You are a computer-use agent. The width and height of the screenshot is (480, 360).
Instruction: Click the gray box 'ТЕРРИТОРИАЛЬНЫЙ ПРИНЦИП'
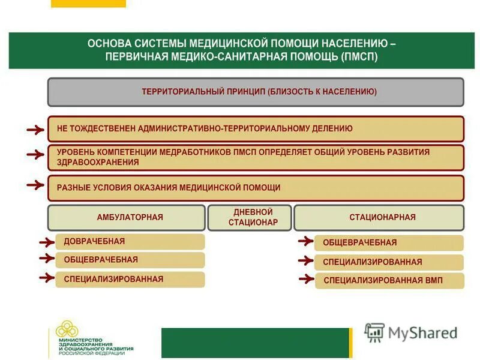[x=256, y=92]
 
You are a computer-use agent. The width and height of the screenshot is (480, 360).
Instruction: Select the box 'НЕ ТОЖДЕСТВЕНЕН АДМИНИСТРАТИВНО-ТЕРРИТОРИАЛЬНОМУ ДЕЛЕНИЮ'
[x=256, y=128]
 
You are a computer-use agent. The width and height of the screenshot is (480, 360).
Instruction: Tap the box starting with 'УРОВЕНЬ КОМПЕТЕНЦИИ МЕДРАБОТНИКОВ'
[x=256, y=157]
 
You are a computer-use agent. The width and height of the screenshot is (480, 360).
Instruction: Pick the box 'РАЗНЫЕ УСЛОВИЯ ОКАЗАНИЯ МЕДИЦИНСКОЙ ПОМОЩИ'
[x=256, y=188]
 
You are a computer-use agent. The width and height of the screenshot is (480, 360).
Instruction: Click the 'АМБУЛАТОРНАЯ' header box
[x=126, y=217]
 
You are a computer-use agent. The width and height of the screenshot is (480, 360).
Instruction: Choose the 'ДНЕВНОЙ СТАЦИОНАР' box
[x=250, y=217]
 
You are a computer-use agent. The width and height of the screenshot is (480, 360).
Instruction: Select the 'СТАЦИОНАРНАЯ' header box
[x=379, y=217]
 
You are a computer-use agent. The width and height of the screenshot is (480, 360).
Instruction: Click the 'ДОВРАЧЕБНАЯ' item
[x=130, y=241]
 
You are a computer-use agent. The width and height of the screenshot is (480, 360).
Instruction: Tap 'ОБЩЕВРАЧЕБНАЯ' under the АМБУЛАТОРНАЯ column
[x=130, y=260]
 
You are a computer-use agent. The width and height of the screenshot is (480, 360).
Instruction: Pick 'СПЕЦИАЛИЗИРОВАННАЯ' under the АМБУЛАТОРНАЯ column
[x=130, y=279]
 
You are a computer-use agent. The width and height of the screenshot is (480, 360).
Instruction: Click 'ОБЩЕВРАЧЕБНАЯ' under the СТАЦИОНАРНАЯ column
[x=389, y=242]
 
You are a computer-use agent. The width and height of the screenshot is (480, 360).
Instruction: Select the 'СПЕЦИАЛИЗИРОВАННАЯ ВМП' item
[x=389, y=280]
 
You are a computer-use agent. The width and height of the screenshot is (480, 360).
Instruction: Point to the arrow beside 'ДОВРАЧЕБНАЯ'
[x=46, y=242]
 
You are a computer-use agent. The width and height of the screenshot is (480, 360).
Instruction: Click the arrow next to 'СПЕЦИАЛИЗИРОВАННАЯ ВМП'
[x=305, y=279]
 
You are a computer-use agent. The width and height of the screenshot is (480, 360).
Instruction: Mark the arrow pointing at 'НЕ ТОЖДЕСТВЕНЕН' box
[x=35, y=129]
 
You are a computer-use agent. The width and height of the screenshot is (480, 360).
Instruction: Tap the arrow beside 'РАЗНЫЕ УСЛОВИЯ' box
[x=35, y=187]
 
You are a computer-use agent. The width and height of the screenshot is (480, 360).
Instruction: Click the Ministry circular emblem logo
[x=67, y=330]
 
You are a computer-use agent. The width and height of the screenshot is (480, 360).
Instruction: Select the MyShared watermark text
[x=422, y=333]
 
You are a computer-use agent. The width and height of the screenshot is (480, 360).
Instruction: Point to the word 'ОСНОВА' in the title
[x=110, y=43]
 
